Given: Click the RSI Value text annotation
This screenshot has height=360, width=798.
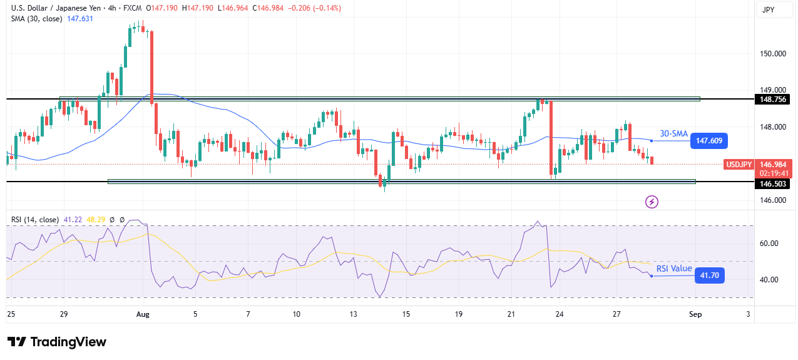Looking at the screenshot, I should (x=674, y=269).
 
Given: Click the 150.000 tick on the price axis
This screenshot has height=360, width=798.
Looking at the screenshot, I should (x=774, y=53).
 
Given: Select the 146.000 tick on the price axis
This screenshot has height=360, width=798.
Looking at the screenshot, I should (x=774, y=200).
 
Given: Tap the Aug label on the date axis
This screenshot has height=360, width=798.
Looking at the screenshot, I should (x=143, y=314).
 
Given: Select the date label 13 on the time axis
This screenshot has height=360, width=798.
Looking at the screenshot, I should (x=353, y=314).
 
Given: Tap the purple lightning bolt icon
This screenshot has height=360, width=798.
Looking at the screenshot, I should (x=652, y=202).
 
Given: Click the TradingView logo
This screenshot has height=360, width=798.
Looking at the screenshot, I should (x=57, y=342).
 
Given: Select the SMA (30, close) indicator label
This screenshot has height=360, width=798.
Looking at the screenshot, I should (x=36, y=19).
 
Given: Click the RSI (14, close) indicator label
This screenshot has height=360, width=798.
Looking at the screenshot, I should (x=35, y=220).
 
